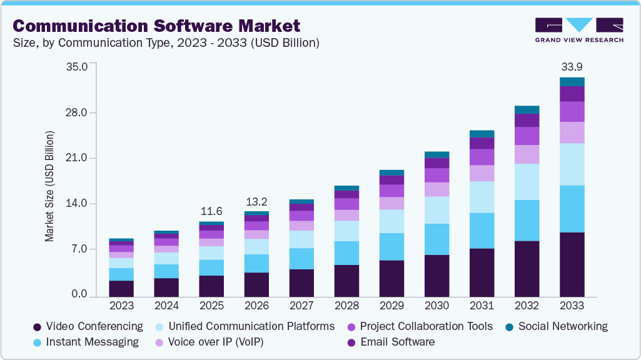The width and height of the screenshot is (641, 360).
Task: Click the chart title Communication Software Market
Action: (156, 26)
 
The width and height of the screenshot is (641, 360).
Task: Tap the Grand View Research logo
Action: (579, 29)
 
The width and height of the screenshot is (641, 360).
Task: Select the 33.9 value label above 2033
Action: (572, 67)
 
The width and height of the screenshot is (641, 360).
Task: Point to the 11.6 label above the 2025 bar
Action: (211, 211)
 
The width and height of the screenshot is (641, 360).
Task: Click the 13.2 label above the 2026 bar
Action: (256, 201)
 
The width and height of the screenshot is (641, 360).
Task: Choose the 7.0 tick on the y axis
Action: (81, 249)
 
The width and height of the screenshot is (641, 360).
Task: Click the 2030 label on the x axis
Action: (437, 306)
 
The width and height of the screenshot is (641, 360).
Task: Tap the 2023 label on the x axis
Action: (121, 306)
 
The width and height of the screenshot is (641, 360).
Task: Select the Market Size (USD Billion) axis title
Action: (49, 187)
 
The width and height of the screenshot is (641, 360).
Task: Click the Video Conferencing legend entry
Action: (88, 326)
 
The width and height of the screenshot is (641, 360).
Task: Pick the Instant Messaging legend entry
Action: (86, 342)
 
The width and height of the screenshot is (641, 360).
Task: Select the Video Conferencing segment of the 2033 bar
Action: (572, 264)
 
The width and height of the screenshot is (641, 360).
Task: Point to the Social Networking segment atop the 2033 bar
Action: (572, 82)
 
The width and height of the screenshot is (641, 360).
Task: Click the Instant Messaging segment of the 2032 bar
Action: (527, 221)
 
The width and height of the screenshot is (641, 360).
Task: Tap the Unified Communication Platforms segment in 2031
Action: (482, 197)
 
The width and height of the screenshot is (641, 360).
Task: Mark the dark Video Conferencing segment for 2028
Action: (346, 281)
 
